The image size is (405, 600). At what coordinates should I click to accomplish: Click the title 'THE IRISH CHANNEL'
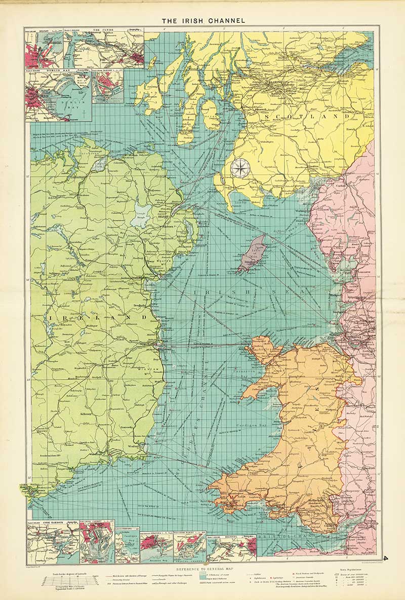203,21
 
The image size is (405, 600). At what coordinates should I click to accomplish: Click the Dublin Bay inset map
58,96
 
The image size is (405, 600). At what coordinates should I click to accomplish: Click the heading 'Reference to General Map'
203,569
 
